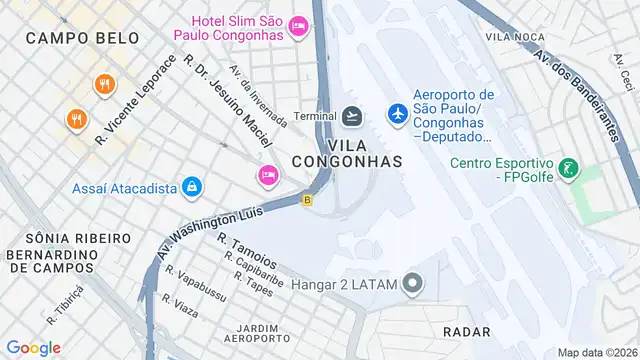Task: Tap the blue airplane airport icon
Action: click(x=397, y=115)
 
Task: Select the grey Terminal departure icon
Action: click(x=351, y=116)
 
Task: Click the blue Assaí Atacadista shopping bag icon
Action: click(x=190, y=186)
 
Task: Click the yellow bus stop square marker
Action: click(x=308, y=200)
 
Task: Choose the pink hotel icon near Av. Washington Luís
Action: click(x=266, y=175)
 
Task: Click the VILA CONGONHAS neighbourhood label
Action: click(x=348, y=160)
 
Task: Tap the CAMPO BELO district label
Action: click(x=66, y=37)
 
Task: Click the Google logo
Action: click(x=33, y=347)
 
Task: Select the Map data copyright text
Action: click(x=596, y=352)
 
